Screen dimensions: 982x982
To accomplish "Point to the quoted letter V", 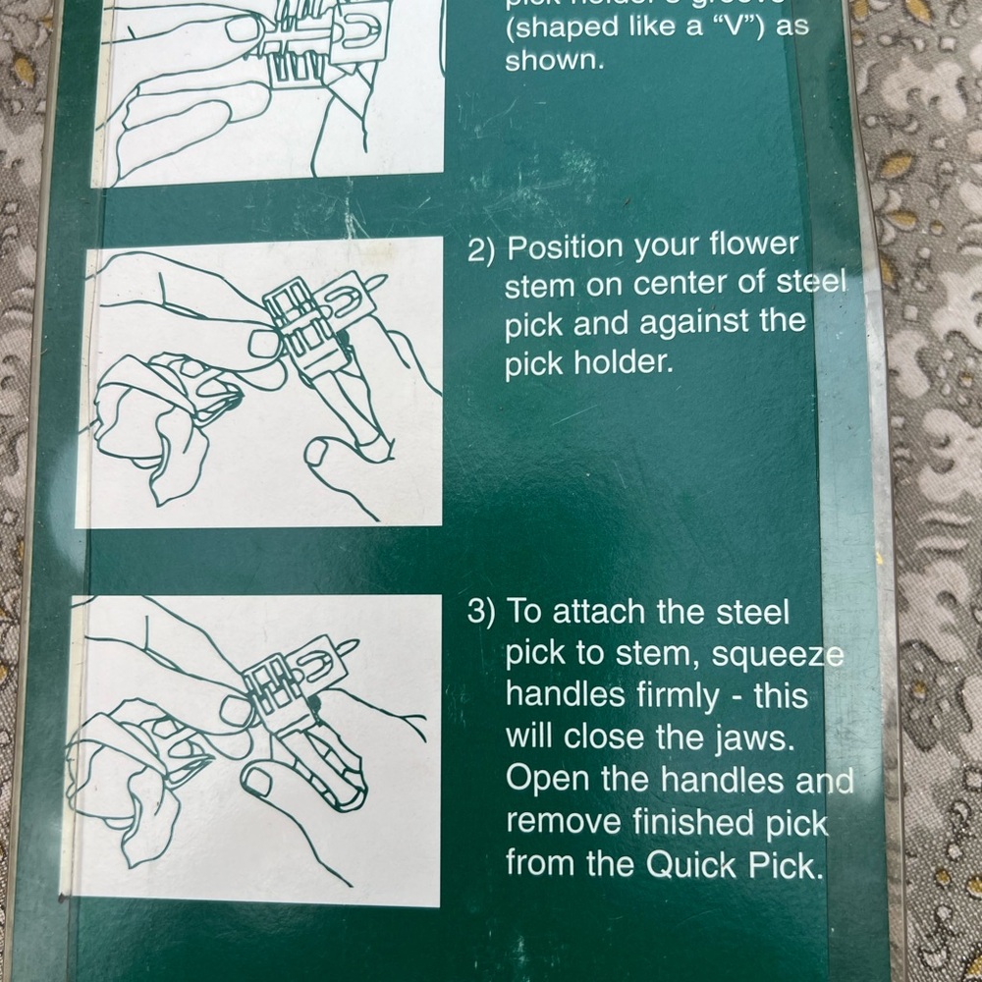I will click(x=729, y=26).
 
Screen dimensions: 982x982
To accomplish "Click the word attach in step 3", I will click(x=599, y=612).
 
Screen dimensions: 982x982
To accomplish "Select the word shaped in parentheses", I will click(x=556, y=26).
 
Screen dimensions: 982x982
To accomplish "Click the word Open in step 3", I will click(x=543, y=780).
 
